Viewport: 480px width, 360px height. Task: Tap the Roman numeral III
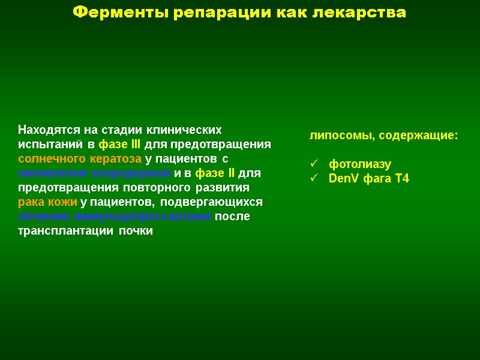coord(136,145)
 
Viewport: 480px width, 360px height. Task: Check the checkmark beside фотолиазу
coord(313,164)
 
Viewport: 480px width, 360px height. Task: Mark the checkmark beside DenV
coord(313,178)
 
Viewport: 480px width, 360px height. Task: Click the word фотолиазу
coord(359,164)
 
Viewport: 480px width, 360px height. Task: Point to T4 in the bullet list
coord(401,179)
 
